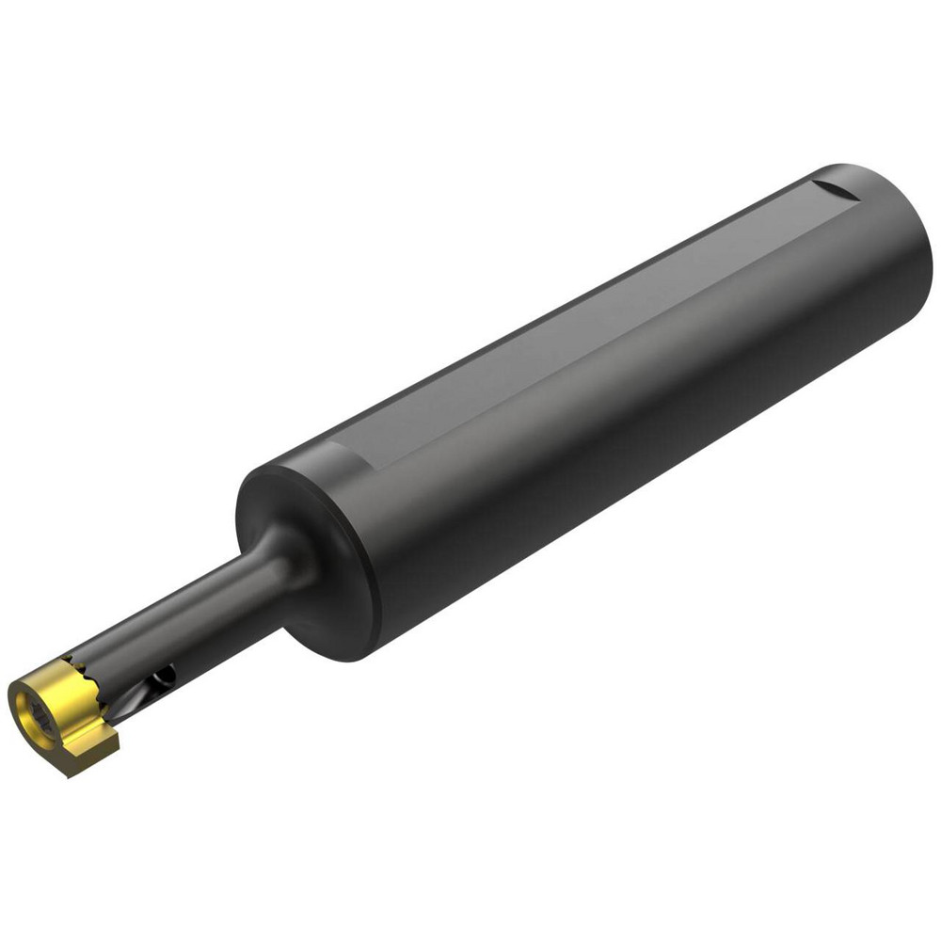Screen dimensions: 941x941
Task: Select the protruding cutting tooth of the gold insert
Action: pyautogui.click(x=94, y=743)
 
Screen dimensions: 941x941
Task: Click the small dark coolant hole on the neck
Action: pyautogui.click(x=166, y=675)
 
